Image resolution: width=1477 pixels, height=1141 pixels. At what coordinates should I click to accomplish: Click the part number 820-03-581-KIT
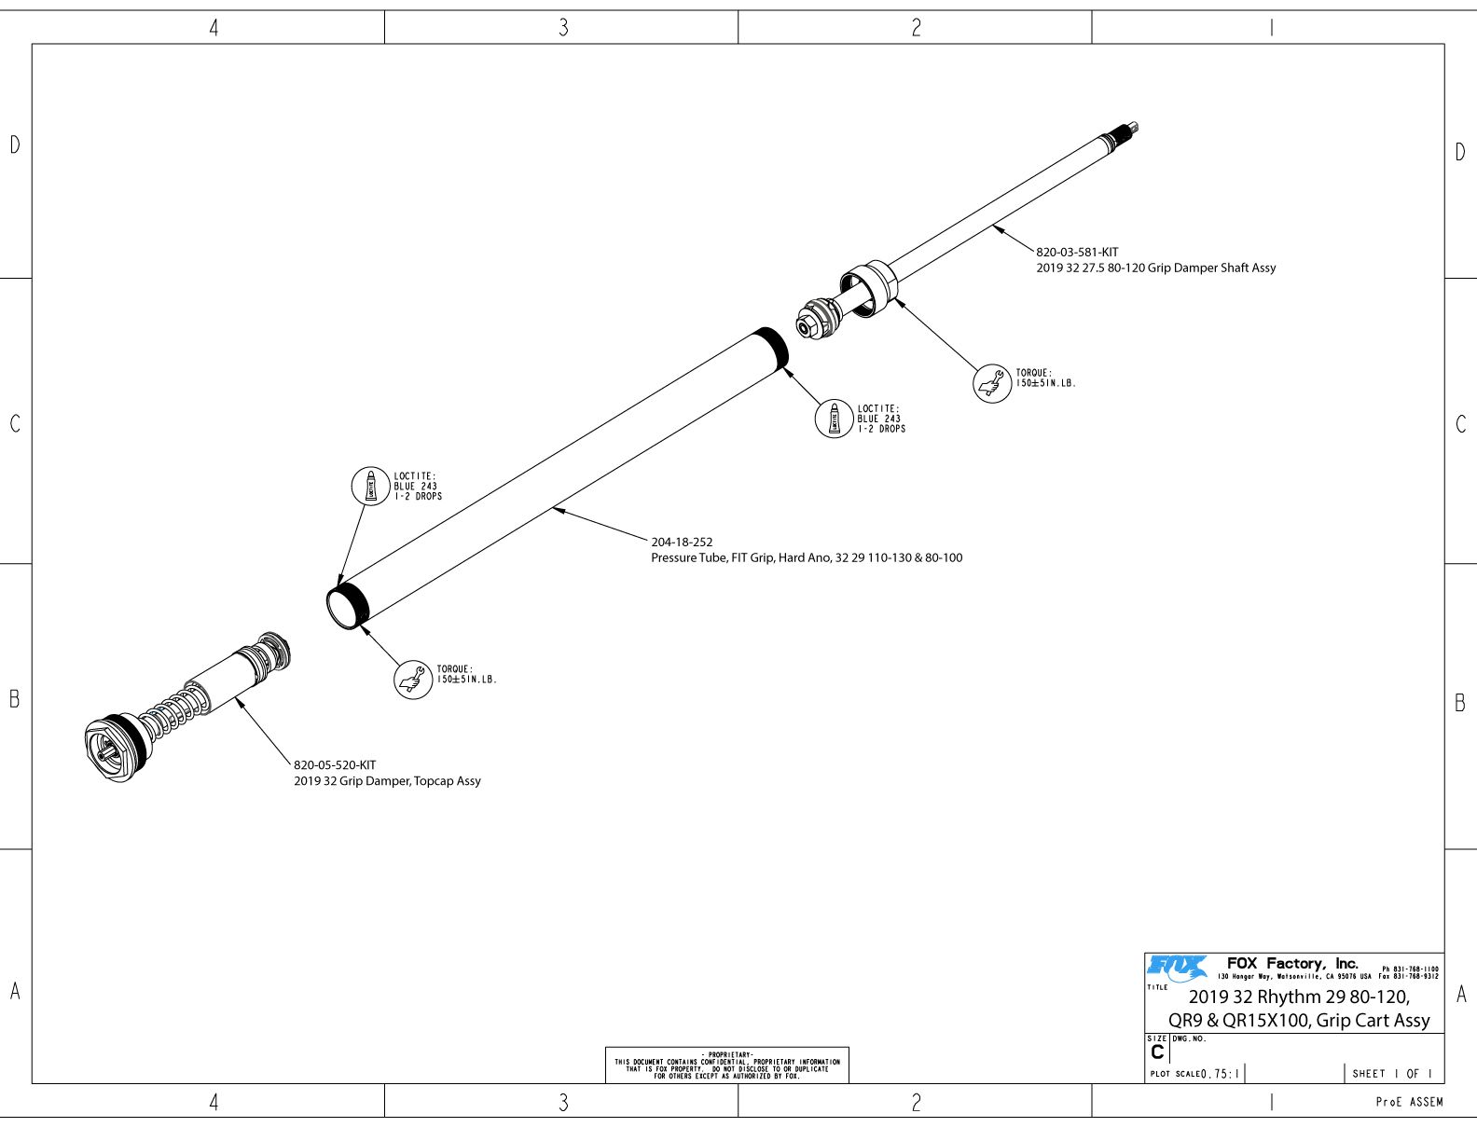(1077, 252)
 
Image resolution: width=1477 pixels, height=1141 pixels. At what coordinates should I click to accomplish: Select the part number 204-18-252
(682, 542)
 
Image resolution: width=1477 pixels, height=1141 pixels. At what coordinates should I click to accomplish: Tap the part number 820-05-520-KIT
(335, 764)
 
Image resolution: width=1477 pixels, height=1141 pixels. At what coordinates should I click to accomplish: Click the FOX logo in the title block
(1177, 968)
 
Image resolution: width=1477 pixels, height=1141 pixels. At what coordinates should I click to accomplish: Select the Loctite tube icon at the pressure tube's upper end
(834, 419)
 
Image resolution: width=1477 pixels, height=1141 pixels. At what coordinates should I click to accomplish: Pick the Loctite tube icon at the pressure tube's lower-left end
(370, 487)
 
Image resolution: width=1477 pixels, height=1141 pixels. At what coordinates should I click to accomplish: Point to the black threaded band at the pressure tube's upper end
(772, 349)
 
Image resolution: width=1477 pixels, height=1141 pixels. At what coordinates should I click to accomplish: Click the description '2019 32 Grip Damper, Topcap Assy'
(387, 781)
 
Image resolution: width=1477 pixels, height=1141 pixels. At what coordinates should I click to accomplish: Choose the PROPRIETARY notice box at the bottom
(726, 1065)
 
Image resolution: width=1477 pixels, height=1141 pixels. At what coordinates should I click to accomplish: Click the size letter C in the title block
(1157, 1052)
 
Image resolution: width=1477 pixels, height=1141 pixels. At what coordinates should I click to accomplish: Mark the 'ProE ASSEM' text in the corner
(1409, 1102)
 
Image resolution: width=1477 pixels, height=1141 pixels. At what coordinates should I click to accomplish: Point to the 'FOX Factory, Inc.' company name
(1292, 963)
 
